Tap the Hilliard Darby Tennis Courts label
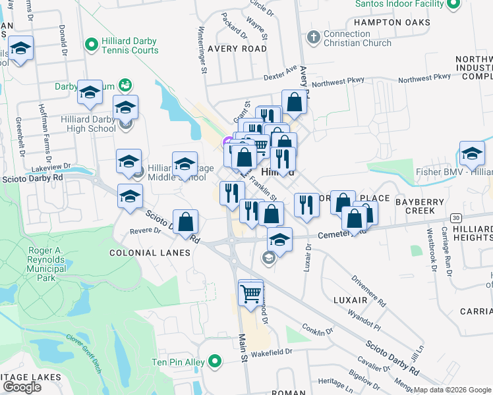(x=130, y=45)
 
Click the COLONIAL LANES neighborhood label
(x=150, y=253)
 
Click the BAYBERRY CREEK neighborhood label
(x=424, y=205)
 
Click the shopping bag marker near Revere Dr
(x=186, y=224)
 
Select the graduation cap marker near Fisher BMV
(x=472, y=155)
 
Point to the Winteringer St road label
(x=204, y=49)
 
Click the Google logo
(x=22, y=387)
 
